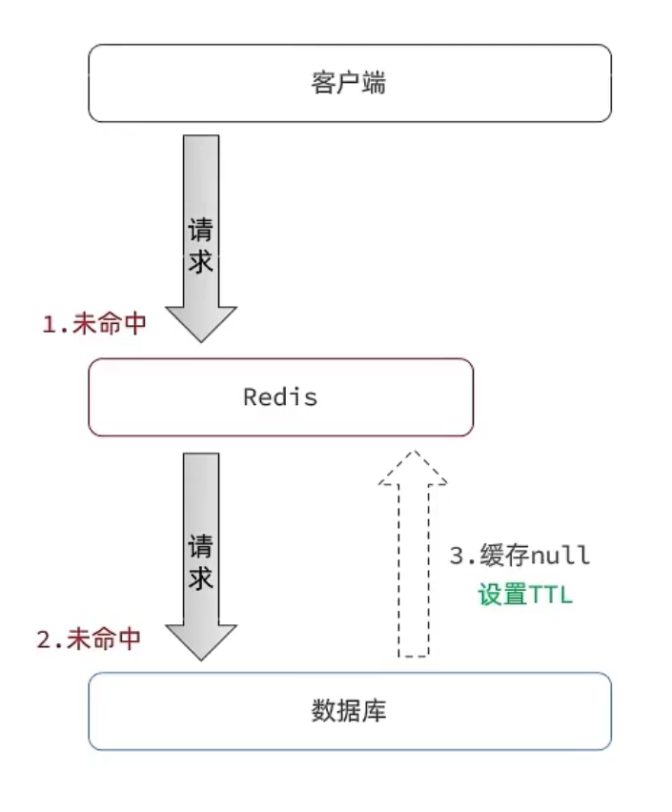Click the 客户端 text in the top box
[349, 84]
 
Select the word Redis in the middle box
[280, 397]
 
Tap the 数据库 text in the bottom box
[349, 711]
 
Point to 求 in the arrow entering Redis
[200, 263]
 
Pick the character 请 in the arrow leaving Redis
[200, 548]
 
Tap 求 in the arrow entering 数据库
[200, 579]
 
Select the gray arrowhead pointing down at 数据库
[200, 639]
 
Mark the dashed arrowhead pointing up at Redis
[412, 468]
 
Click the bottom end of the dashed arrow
[412, 654]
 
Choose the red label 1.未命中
[93, 324]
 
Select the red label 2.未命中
[89, 639]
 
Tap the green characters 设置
[501, 596]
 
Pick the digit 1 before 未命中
[49, 324]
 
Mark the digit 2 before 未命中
[44, 639]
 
